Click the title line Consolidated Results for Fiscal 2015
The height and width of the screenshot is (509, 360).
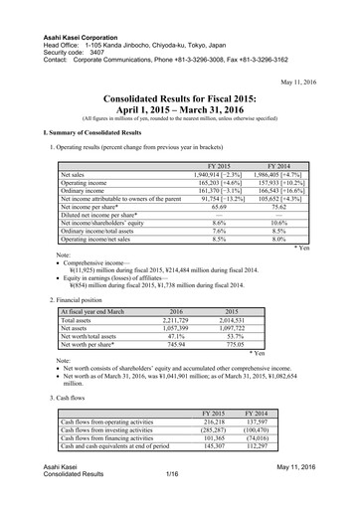(180, 98)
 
